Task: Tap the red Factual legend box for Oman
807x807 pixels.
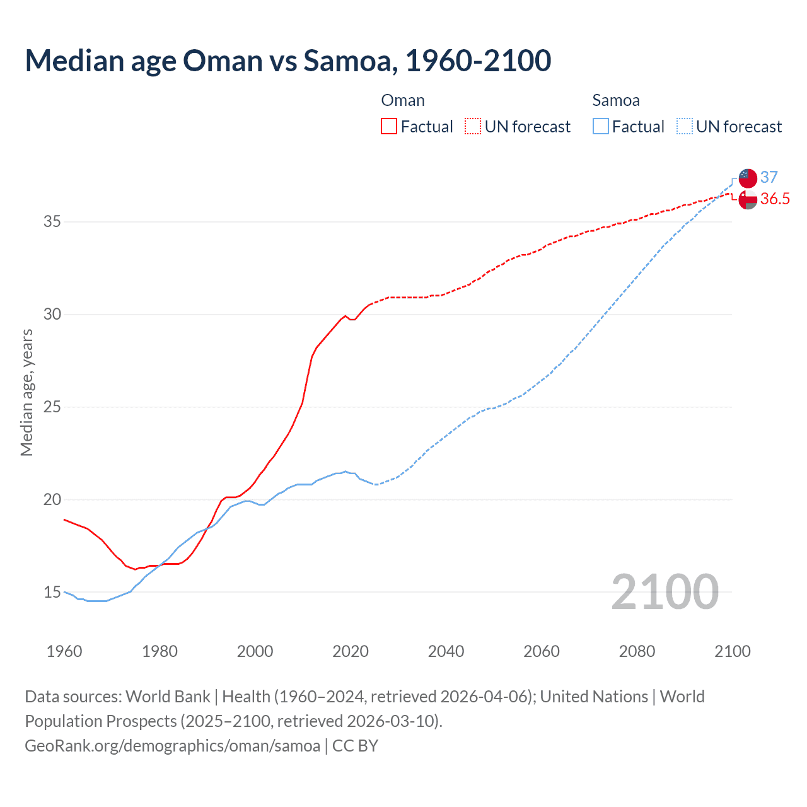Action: pos(389,127)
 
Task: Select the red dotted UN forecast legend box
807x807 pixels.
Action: pos(473,127)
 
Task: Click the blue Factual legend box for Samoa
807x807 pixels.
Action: pos(600,127)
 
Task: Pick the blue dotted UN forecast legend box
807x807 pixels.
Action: pos(684,127)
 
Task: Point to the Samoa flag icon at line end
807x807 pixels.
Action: pos(748,178)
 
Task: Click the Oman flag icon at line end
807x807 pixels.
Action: pos(748,199)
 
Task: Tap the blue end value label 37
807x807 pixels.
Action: pos(769,178)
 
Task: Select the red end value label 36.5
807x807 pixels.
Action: pos(775,199)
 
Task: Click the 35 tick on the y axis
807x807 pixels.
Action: pos(52,222)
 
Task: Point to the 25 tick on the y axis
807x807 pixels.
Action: pos(52,407)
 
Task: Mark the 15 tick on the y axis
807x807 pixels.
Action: pos(52,592)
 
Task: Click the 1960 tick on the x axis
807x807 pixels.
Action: pos(64,651)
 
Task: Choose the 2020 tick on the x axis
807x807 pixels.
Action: pos(351,651)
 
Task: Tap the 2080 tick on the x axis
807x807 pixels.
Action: pos(637,651)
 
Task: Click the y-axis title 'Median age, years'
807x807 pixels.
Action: pos(26,392)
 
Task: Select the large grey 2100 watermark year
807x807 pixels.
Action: pos(665,591)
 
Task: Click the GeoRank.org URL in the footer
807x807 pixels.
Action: pos(172,746)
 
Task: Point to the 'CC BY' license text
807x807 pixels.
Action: pos(355,746)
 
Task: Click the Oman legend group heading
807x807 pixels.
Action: pos(403,101)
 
